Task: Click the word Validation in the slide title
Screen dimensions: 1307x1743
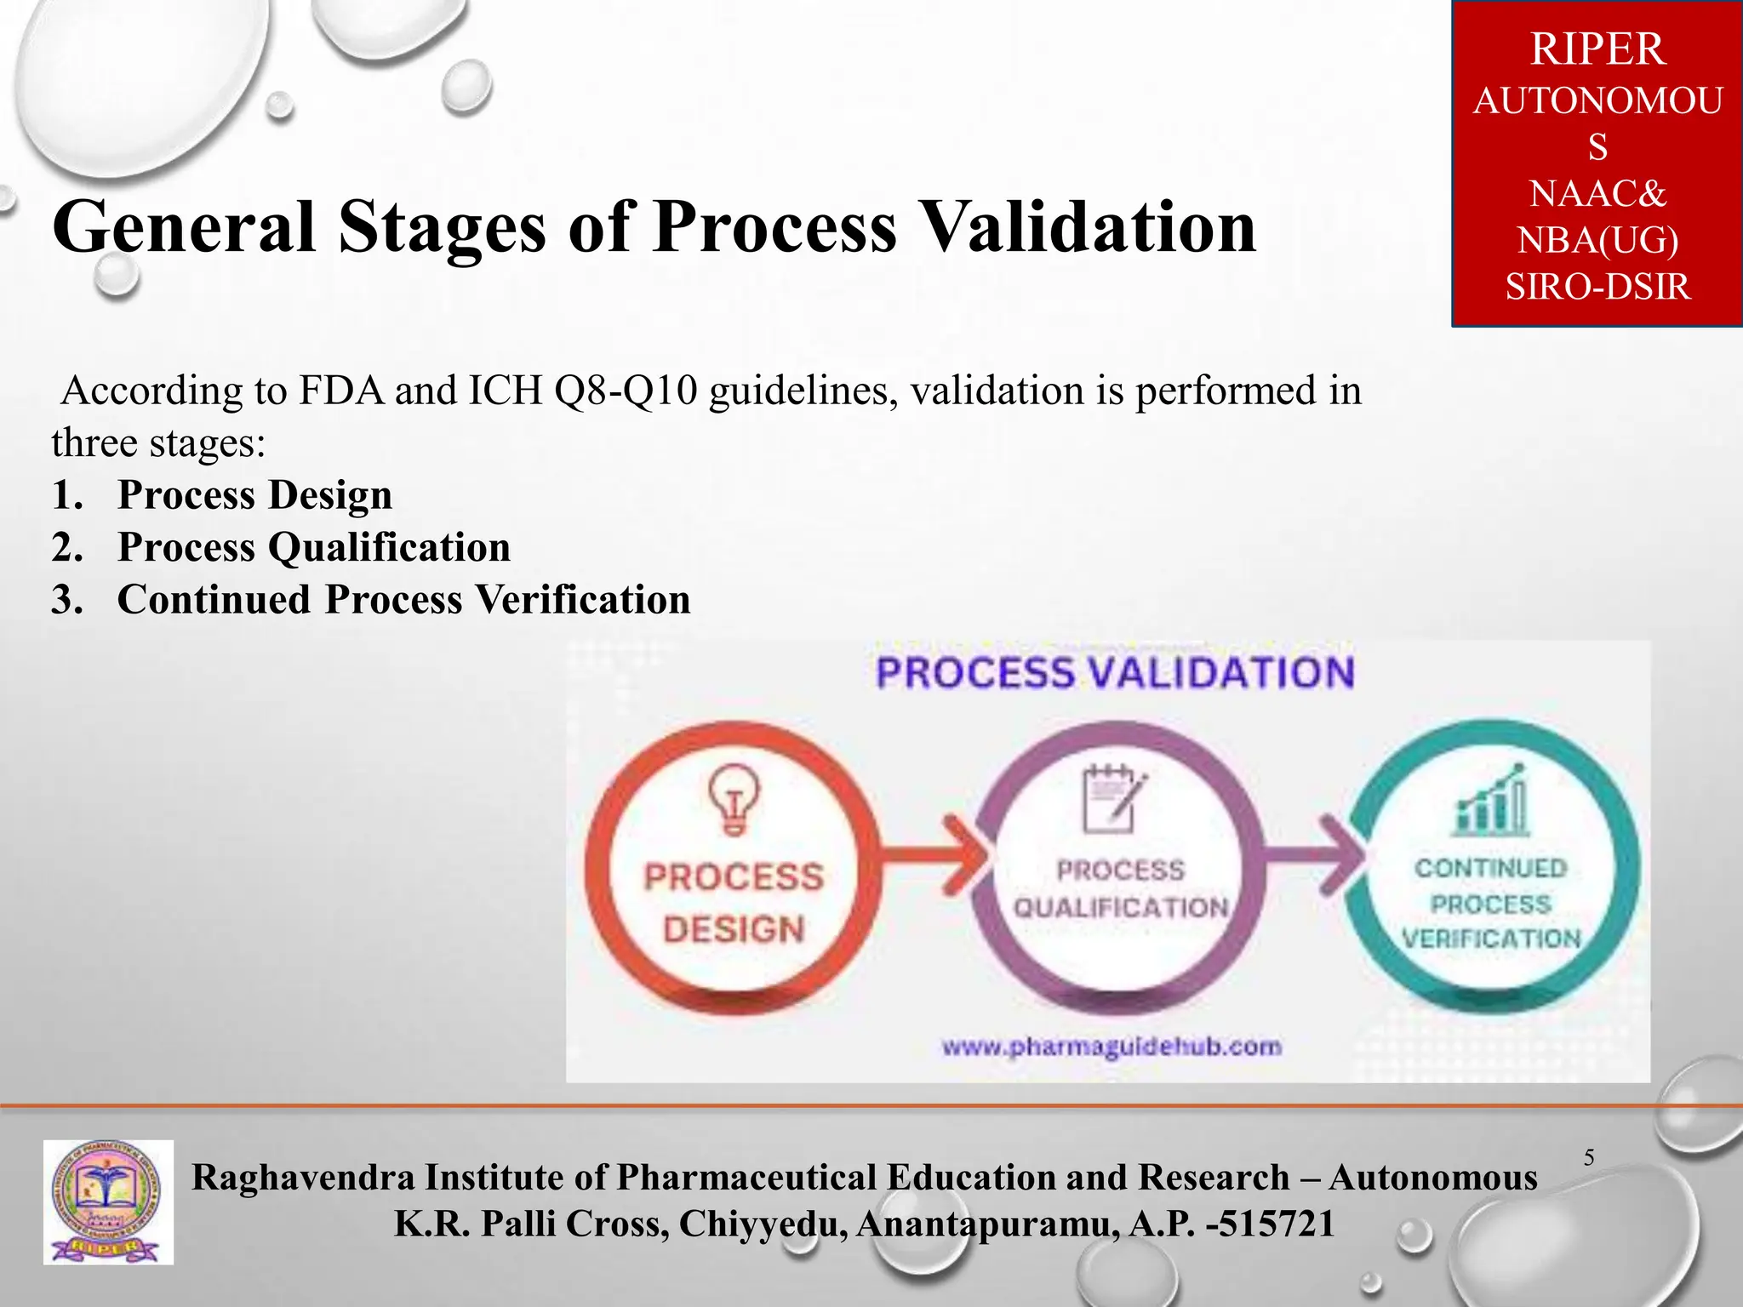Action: [x=1089, y=227]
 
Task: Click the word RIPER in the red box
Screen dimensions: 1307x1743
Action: [x=1597, y=49]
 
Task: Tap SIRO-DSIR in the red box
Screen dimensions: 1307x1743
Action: [x=1597, y=287]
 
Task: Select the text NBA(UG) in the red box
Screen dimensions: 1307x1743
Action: [x=1597, y=241]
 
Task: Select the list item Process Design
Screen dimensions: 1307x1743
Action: [x=254, y=495]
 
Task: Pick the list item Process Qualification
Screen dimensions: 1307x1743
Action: [x=313, y=547]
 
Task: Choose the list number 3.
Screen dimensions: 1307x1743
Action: [x=66, y=600]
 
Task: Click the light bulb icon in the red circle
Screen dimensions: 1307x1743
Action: [x=734, y=798]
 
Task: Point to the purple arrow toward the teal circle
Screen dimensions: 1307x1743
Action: [x=1315, y=853]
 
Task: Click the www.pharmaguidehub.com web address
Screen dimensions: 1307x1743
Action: [x=1111, y=1046]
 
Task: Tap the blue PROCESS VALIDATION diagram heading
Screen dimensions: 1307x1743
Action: [x=1115, y=673]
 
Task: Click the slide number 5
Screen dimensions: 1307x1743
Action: [x=1588, y=1157]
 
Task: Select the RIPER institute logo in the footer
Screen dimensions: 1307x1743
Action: [x=108, y=1202]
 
